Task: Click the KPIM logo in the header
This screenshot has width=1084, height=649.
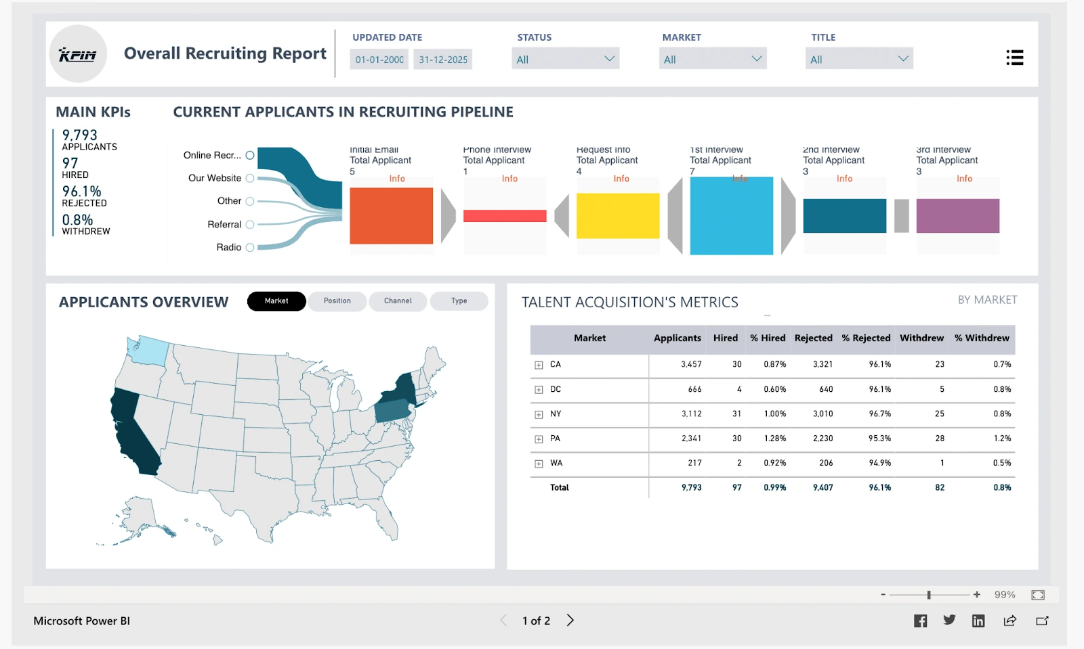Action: [78, 54]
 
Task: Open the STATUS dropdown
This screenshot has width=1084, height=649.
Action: [565, 59]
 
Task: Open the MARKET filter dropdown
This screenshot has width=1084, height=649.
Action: [712, 59]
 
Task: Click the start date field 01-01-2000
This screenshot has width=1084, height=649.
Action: [379, 60]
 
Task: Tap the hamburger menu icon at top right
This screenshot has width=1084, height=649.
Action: [1014, 58]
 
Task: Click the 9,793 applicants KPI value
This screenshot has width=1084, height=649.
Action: [80, 135]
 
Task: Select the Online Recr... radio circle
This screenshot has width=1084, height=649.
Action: [250, 155]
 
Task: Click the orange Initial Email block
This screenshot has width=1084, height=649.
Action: [391, 215]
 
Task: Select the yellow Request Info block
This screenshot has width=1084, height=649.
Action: [617, 215]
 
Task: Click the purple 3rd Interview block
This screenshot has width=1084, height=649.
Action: [957, 215]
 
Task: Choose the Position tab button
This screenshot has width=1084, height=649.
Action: [337, 301]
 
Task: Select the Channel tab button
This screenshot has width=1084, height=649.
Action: [398, 301]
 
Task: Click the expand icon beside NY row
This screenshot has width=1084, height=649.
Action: [539, 414]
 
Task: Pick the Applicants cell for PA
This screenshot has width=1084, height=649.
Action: [691, 439]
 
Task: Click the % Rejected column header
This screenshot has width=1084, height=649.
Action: [866, 338]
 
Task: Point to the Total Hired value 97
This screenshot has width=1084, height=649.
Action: [736, 487]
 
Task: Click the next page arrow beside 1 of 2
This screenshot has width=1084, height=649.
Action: [570, 621]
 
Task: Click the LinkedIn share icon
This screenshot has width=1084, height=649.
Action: [978, 621]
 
